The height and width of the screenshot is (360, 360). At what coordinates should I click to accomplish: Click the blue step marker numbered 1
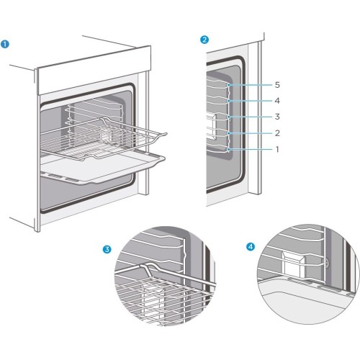point(5,45)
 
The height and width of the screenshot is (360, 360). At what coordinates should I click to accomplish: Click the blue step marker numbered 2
point(204,40)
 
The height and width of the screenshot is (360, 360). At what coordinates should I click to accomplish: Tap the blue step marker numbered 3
point(107,249)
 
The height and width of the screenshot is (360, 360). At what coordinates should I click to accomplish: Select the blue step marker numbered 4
point(251,247)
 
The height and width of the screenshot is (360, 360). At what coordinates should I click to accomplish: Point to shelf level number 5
point(277,85)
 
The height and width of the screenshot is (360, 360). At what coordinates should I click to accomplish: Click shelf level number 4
point(277,101)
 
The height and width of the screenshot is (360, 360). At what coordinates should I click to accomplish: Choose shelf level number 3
point(277,117)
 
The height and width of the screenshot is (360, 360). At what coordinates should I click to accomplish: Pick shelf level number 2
point(277,133)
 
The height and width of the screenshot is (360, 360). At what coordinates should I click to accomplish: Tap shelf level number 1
point(277,149)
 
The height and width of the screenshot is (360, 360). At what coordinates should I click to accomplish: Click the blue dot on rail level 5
point(229,85)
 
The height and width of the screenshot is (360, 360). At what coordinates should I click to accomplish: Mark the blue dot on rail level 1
point(229,150)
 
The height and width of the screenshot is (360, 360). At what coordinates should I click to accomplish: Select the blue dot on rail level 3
point(229,117)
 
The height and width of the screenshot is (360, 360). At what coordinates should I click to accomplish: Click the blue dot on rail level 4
point(229,101)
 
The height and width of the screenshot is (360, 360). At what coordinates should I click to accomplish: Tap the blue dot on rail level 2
point(229,133)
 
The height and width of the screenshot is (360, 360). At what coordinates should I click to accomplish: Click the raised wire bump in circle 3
point(147,268)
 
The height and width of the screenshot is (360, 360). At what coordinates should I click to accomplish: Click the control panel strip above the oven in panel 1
point(94,70)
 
